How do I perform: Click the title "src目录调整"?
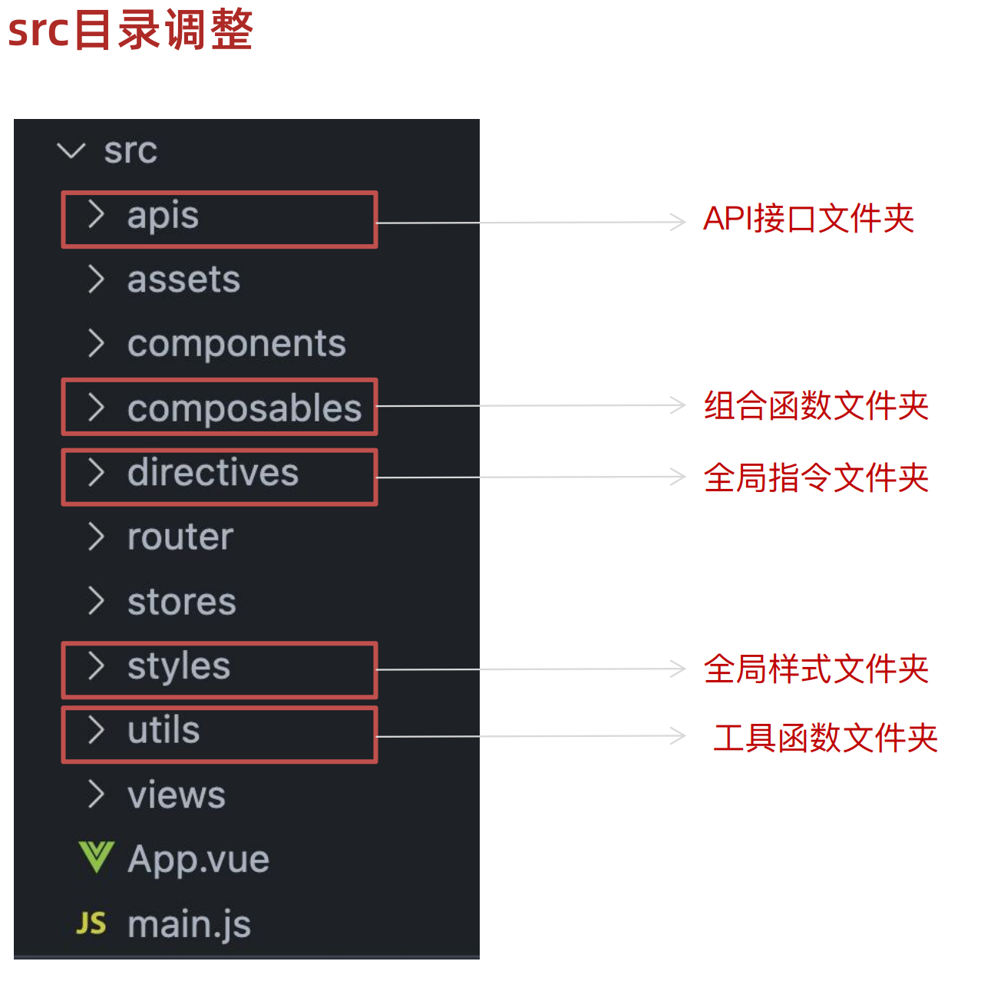130,30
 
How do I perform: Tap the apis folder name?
163,216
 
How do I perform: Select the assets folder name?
183,279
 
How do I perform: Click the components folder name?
236,344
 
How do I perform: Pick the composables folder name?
244,408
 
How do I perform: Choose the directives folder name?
213,472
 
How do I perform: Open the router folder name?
180,537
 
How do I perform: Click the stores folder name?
182,602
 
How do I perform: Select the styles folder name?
179,666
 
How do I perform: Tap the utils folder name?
163,730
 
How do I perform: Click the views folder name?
177,795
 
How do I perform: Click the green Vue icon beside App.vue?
97,858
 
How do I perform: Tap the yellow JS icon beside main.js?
91,923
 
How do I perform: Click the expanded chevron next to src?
71,150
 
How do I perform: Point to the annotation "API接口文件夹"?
808,220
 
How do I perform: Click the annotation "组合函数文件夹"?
816,406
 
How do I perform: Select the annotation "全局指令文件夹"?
816,477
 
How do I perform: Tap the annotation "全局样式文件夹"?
816,669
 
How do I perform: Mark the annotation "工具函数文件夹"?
825,738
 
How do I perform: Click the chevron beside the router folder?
96,537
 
